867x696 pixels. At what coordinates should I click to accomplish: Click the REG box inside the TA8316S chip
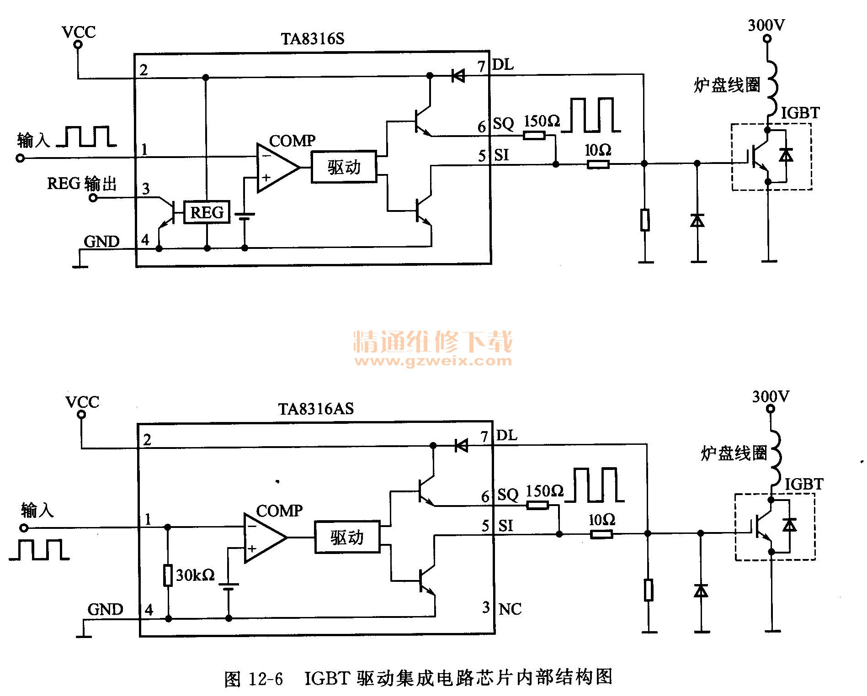(x=207, y=212)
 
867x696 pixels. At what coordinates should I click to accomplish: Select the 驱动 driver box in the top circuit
(x=344, y=167)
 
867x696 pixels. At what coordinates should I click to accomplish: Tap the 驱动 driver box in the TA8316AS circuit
(x=347, y=537)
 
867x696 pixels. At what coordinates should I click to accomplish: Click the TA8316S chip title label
(x=313, y=39)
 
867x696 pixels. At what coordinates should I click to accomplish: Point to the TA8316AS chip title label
(x=316, y=408)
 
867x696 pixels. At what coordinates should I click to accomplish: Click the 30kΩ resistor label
(x=195, y=575)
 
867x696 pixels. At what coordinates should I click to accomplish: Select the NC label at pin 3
(x=510, y=609)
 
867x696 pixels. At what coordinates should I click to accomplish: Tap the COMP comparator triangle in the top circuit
(x=276, y=168)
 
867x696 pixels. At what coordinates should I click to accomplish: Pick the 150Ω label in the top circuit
(x=542, y=121)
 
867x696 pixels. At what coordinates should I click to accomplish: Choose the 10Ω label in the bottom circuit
(x=601, y=520)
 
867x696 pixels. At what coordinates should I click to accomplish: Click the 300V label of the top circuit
(x=766, y=25)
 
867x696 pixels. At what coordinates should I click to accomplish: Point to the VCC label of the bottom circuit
(x=82, y=402)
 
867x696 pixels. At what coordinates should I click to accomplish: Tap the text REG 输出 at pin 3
(x=82, y=184)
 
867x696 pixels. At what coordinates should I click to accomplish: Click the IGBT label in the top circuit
(x=800, y=113)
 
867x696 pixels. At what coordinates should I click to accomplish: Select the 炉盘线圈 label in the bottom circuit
(x=734, y=453)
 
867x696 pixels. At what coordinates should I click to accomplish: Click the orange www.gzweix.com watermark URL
(x=433, y=361)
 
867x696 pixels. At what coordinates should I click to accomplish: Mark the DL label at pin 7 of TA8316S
(x=503, y=65)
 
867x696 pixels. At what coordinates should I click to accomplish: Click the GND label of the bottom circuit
(x=105, y=609)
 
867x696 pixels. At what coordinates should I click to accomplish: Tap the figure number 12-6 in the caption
(x=266, y=679)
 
